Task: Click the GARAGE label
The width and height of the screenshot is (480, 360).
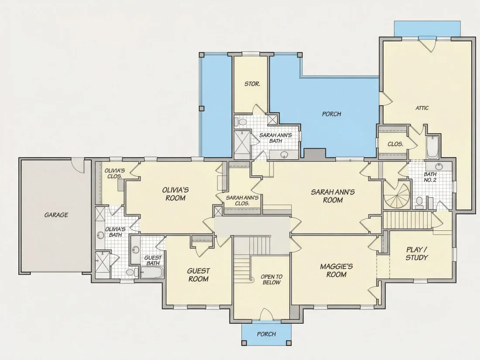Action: (56, 215)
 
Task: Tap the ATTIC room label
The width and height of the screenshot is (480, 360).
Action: (422, 108)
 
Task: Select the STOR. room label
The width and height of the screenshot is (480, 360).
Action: (252, 84)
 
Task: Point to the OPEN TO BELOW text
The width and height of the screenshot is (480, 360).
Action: (271, 279)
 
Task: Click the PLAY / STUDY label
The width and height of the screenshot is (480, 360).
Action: (417, 254)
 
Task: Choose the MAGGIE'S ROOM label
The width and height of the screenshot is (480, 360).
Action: (336, 270)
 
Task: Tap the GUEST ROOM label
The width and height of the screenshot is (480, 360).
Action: (199, 274)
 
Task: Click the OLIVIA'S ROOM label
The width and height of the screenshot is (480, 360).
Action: (175, 194)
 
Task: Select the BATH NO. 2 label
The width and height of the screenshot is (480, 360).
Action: (430, 177)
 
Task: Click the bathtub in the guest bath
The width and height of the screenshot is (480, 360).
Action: (152, 272)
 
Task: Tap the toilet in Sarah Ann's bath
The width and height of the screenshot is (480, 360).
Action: (241, 122)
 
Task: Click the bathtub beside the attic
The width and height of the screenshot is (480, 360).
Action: (432, 147)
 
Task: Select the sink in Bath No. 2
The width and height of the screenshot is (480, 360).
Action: (439, 167)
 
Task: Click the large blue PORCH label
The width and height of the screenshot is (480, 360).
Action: (331, 114)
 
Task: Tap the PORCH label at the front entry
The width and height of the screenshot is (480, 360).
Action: (266, 334)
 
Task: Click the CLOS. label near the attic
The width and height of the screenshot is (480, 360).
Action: (395, 144)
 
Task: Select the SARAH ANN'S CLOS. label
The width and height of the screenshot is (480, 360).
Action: (242, 201)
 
